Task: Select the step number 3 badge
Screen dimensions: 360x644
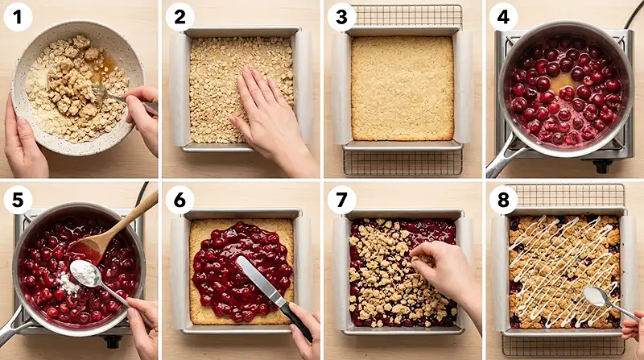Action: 341,16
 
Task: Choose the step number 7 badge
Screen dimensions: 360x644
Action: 341,199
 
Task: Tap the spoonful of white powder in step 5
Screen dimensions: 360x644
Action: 85,274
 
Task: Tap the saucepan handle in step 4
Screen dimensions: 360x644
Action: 500,157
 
